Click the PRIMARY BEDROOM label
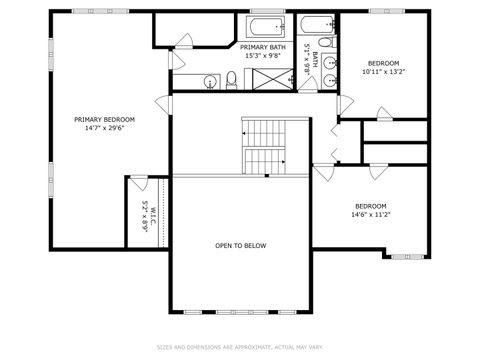coord(104,119)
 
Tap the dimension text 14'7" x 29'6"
coord(104,127)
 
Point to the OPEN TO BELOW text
coord(240,245)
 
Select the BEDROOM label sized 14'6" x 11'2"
coord(371,206)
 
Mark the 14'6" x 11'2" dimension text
coord(371,215)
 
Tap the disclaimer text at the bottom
coord(240,348)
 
